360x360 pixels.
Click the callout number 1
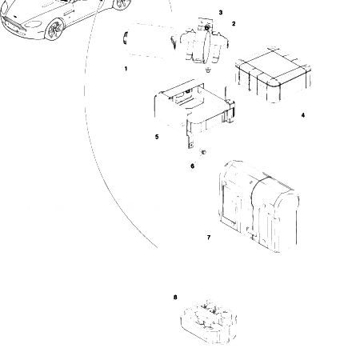(126, 69)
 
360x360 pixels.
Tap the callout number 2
(234, 24)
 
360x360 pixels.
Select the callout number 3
(221, 13)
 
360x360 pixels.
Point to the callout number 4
(302, 115)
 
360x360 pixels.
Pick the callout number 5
(157, 137)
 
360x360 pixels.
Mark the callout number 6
(192, 166)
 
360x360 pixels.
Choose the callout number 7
(208, 238)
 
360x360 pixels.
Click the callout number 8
(175, 297)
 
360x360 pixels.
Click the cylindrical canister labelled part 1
(150, 42)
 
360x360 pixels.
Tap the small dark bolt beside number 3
(207, 28)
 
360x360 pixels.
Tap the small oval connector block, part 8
(208, 322)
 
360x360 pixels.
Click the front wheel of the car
(56, 30)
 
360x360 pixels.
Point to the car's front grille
(17, 30)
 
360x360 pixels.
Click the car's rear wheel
(121, 4)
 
